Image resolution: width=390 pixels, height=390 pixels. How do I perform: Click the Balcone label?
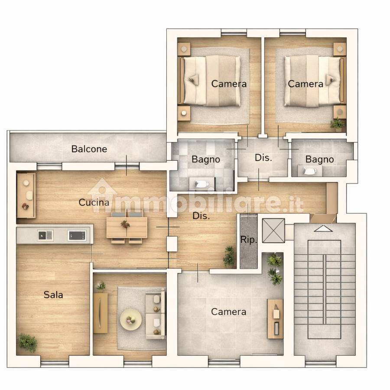point(89,149)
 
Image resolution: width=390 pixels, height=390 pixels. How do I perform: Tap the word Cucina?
point(94,202)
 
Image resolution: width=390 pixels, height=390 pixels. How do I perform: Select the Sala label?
point(53,295)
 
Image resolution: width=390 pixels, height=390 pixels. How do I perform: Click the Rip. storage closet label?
point(248,240)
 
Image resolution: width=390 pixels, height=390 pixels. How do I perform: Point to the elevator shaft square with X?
point(273,231)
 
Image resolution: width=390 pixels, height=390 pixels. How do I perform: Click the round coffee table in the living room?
point(131,319)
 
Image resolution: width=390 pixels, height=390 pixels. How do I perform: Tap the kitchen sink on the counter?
point(45,235)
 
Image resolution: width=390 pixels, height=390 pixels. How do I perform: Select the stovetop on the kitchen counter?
point(77,235)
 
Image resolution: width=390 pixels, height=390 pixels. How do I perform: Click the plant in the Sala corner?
point(28,343)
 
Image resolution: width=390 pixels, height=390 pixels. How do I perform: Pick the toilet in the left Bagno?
point(201,184)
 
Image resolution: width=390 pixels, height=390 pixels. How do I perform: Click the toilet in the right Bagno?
point(309,171)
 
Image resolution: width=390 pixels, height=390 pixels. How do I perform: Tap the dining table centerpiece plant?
point(125,224)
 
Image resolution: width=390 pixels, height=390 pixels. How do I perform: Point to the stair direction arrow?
point(323,228)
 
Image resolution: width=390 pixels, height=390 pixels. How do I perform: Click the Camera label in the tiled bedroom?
point(228,312)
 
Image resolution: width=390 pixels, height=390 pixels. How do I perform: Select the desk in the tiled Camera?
point(275,319)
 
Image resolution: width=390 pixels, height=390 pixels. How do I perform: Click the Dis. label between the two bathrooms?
point(263,158)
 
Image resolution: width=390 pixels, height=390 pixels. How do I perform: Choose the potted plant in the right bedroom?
point(338,124)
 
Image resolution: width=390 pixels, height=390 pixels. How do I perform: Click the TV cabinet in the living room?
point(101,313)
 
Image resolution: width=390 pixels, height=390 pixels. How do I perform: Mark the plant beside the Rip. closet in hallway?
point(228,257)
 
